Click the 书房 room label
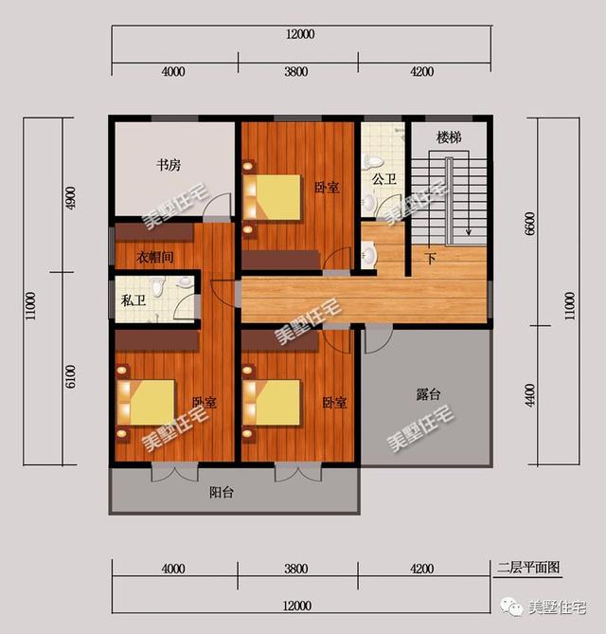click(169, 165)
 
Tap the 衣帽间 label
click(154, 257)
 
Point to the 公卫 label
click(383, 178)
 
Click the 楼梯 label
click(449, 138)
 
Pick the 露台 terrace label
click(429, 393)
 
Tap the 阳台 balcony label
click(222, 493)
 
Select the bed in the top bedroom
click(274, 195)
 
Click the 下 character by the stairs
click(431, 257)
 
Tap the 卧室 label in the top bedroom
click(327, 188)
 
